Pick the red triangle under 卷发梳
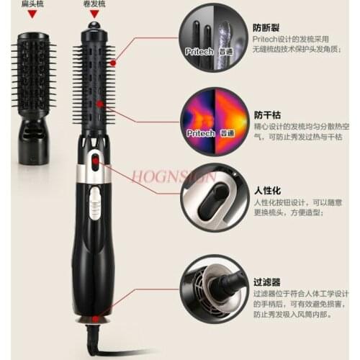point(94,14)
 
